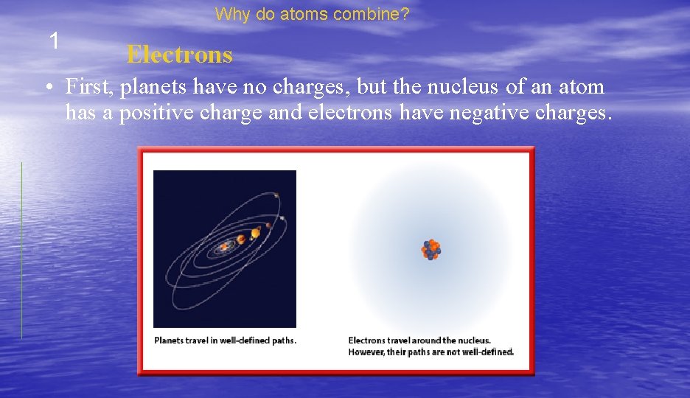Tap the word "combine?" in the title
click(382, 14)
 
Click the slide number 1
click(54, 41)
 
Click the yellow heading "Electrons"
click(179, 55)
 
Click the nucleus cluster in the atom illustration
click(431, 250)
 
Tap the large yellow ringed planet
click(255, 234)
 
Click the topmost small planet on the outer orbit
click(276, 195)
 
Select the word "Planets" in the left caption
click(170, 341)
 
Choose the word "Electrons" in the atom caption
click(366, 341)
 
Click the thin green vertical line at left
click(21, 251)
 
